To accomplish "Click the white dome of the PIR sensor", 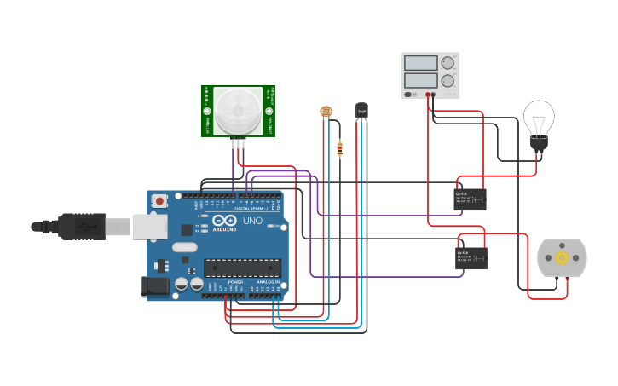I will click(x=239, y=108).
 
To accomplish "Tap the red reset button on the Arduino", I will click(x=159, y=201).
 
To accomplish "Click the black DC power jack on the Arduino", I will click(x=154, y=286).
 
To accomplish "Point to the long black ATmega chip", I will click(x=243, y=268).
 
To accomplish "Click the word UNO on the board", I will click(x=253, y=221).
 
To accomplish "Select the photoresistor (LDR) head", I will click(x=325, y=111).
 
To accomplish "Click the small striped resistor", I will click(x=340, y=149).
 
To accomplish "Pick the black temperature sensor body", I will click(x=362, y=110).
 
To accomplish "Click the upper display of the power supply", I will click(x=420, y=63).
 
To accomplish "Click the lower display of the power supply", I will click(x=420, y=80).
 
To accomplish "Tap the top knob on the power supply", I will click(x=448, y=63).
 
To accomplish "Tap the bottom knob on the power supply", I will click(x=448, y=81).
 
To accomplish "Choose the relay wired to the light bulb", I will click(x=471, y=199).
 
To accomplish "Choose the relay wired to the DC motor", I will click(x=471, y=257).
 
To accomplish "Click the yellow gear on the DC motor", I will click(x=562, y=257).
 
